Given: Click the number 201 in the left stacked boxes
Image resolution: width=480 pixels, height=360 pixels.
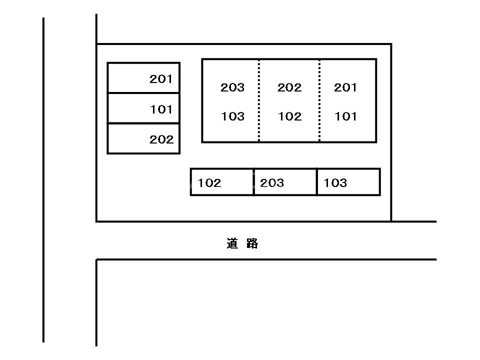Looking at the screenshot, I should coord(161,79).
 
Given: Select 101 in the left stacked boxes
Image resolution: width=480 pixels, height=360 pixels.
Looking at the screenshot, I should coord(161,109).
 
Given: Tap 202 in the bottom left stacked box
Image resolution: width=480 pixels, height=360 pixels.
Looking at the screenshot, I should coord(161,140).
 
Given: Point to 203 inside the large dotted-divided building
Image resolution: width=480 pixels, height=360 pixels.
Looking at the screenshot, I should coord(232,88).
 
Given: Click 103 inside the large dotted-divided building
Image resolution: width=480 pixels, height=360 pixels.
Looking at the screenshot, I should coord(232,117).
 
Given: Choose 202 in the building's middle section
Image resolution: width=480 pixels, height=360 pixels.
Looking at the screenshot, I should coord(289,88).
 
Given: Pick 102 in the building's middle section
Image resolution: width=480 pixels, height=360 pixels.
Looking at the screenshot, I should coord(289,117).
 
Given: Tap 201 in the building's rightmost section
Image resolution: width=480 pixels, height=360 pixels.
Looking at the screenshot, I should coord(345,88).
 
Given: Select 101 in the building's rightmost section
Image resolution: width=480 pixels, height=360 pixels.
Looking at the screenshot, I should coord(345,117).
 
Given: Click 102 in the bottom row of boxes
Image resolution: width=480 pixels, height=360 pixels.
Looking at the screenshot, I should coord(209,183).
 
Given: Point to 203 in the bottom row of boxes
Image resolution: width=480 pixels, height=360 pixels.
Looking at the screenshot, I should coord(272,183).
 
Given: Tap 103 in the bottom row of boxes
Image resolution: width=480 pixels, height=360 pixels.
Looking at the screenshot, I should coord(335,183).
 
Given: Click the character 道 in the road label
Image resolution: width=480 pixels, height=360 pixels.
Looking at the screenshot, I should coord(232,244).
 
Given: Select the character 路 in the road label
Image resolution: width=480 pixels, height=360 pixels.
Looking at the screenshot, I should coord(252,244).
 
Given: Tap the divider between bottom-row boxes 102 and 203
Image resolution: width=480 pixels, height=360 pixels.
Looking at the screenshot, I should coord(253,182).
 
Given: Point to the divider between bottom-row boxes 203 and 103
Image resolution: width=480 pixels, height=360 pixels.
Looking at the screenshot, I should coord(317,182).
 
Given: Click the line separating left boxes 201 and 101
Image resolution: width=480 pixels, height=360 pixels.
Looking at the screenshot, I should coord(143,93).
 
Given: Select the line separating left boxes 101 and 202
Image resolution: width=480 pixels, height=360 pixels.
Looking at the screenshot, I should coord(143,123).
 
